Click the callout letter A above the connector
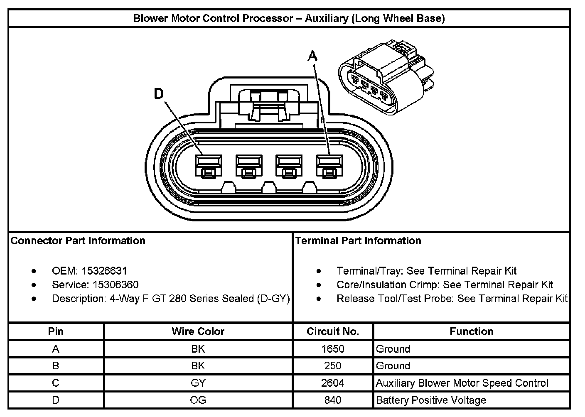312,56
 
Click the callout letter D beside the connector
159,94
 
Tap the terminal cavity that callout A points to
329,167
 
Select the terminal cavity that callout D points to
209,167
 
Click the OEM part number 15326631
104,271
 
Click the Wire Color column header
198,331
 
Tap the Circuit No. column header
333,331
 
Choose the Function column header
472,331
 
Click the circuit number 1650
333,349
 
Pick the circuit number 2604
333,383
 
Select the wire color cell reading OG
198,400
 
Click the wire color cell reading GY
198,383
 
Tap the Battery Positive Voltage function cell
431,400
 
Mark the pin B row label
56,365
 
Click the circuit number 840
333,400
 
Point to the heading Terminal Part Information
358,240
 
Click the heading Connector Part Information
78,240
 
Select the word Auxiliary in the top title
327,18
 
